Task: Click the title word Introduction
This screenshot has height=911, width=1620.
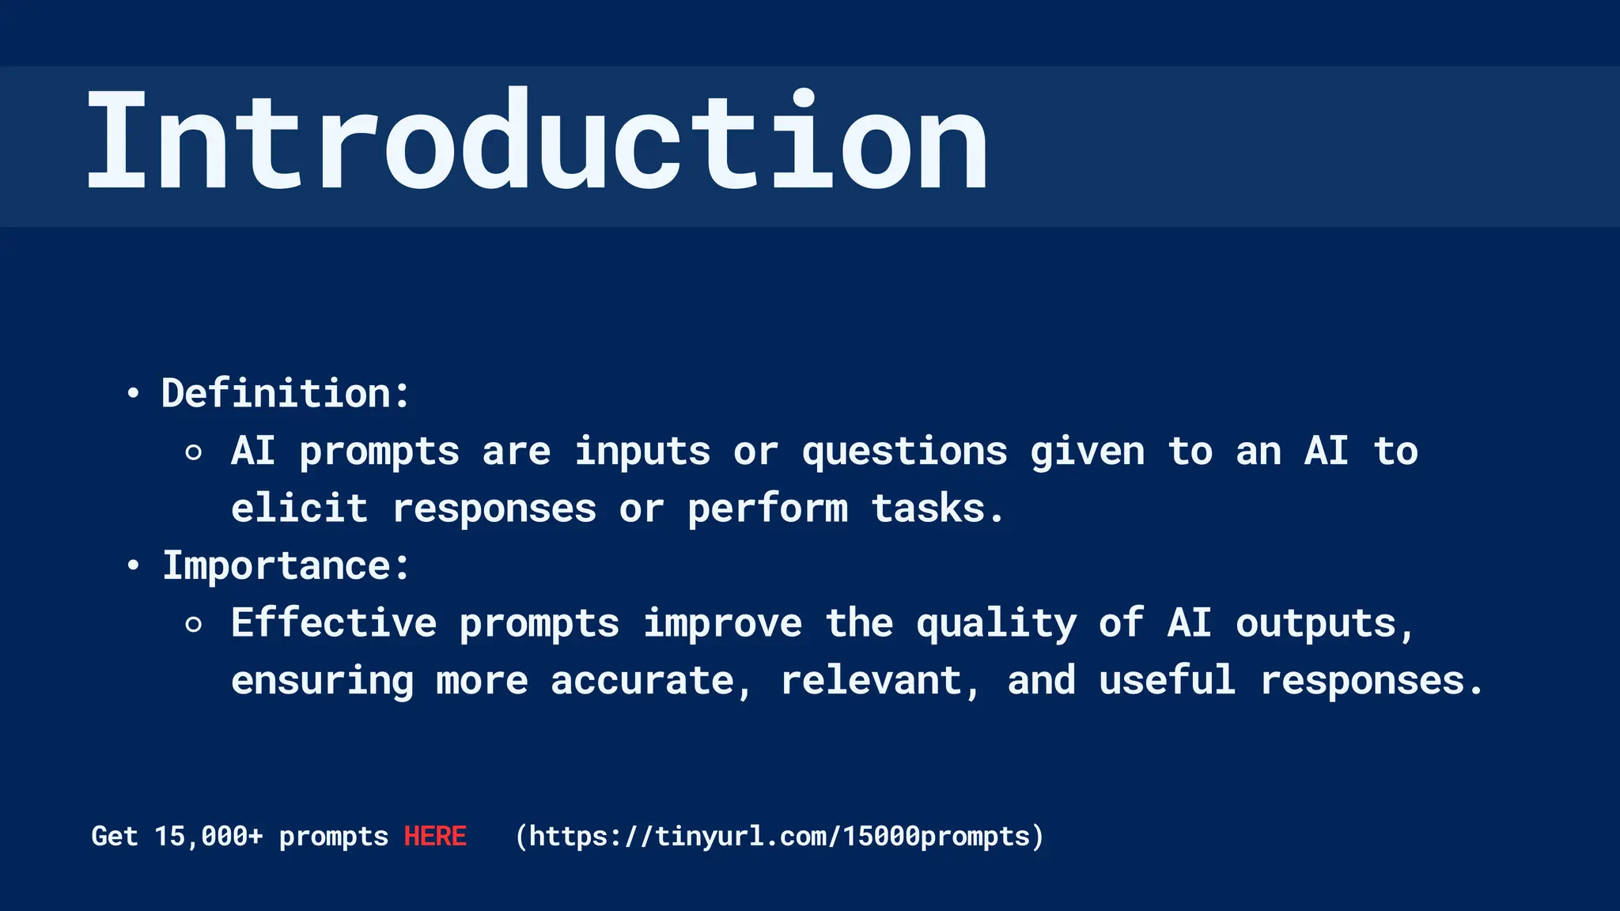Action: pyautogui.click(x=536, y=141)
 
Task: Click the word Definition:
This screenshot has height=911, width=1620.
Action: pyautogui.click(x=286, y=393)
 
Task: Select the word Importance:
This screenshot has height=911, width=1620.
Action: pyautogui.click(x=286, y=565)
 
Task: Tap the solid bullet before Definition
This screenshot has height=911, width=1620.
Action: pyautogui.click(x=133, y=393)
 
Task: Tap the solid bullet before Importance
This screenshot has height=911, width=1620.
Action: pyautogui.click(x=133, y=565)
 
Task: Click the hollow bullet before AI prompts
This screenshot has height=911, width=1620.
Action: pyautogui.click(x=193, y=452)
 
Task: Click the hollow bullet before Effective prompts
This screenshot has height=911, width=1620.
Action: pyautogui.click(x=193, y=625)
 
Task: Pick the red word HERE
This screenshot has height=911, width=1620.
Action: pyautogui.click(x=435, y=836)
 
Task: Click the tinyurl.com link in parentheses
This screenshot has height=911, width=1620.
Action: pyautogui.click(x=779, y=836)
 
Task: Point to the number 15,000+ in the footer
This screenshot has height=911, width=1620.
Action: pyautogui.click(x=208, y=836)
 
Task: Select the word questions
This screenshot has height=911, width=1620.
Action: pyautogui.click(x=904, y=452)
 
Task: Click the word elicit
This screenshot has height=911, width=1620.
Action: pyautogui.click(x=299, y=508)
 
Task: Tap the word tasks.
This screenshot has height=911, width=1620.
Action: pyautogui.click(x=937, y=508)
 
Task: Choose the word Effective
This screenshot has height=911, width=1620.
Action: pyautogui.click(x=333, y=623)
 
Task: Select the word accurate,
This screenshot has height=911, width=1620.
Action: pyautogui.click(x=651, y=681)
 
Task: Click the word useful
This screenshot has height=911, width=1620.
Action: pyautogui.click(x=1167, y=681)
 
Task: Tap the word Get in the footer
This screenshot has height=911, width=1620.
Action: pyautogui.click(x=115, y=836)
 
